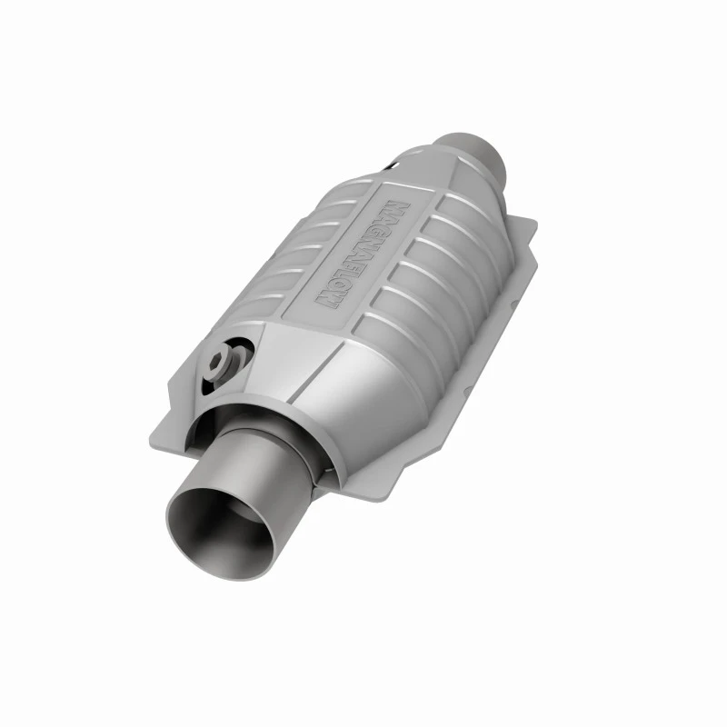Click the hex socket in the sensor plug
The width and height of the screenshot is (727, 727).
(x=218, y=359)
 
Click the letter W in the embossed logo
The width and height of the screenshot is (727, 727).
(x=327, y=302)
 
